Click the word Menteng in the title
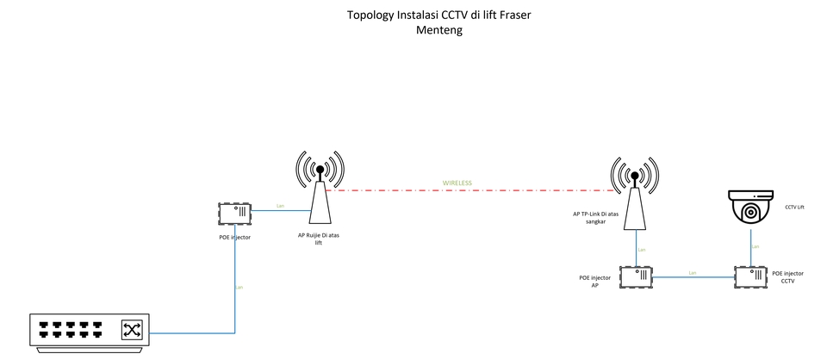point(439,29)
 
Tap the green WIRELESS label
point(457,183)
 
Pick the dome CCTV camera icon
point(751,208)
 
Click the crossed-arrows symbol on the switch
point(132,329)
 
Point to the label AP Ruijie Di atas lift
point(319,239)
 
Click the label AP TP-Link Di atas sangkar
point(595,217)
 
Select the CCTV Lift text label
point(794,208)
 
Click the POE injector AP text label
point(595,282)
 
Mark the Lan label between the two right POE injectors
point(693,273)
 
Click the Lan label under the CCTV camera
point(755,246)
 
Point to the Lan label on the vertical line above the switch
point(239,287)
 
